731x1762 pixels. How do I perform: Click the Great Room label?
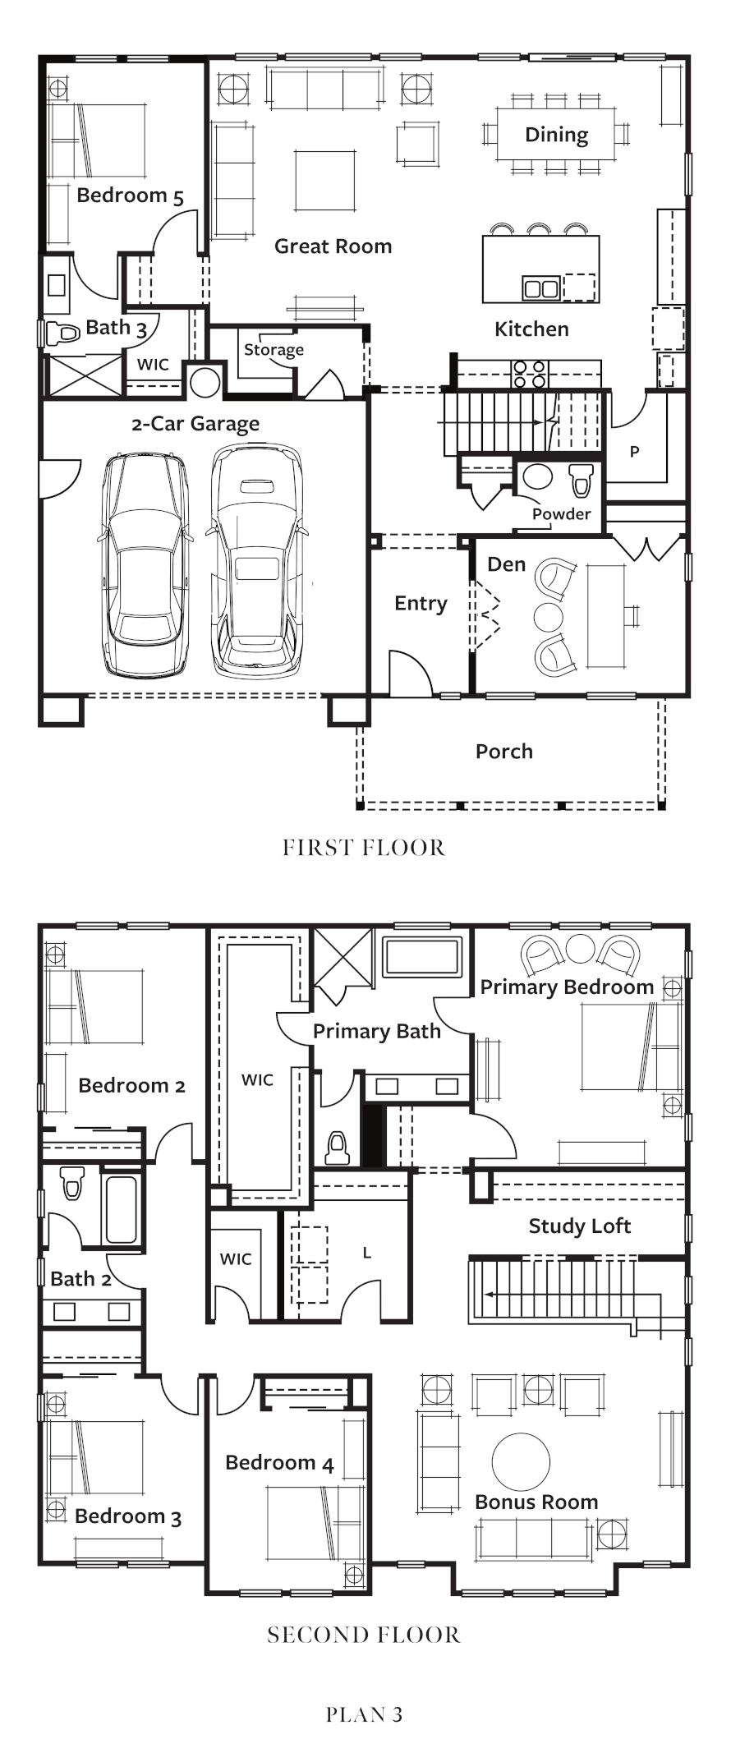pos(333,246)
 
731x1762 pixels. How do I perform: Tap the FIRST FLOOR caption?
pos(364,848)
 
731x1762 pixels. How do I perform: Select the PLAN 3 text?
pos(364,1714)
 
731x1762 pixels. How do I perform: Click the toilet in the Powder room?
pos(582,480)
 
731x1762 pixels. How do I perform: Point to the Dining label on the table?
pos(557,135)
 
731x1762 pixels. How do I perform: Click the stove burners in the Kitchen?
pos(530,374)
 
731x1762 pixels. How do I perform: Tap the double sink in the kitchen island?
pos(541,288)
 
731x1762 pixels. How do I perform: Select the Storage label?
pos(274,350)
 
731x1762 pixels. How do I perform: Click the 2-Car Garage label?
pos(195,424)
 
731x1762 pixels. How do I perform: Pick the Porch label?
pos(504,752)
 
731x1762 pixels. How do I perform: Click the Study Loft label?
pos(580,1226)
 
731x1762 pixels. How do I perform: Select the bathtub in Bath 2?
pos(122,1210)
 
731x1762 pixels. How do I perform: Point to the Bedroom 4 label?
pos(279,1463)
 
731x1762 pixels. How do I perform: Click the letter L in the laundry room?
pos(367,1254)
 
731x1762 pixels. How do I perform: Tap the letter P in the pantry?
pos(634,452)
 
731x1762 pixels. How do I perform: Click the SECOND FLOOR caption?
pos(364,1635)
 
